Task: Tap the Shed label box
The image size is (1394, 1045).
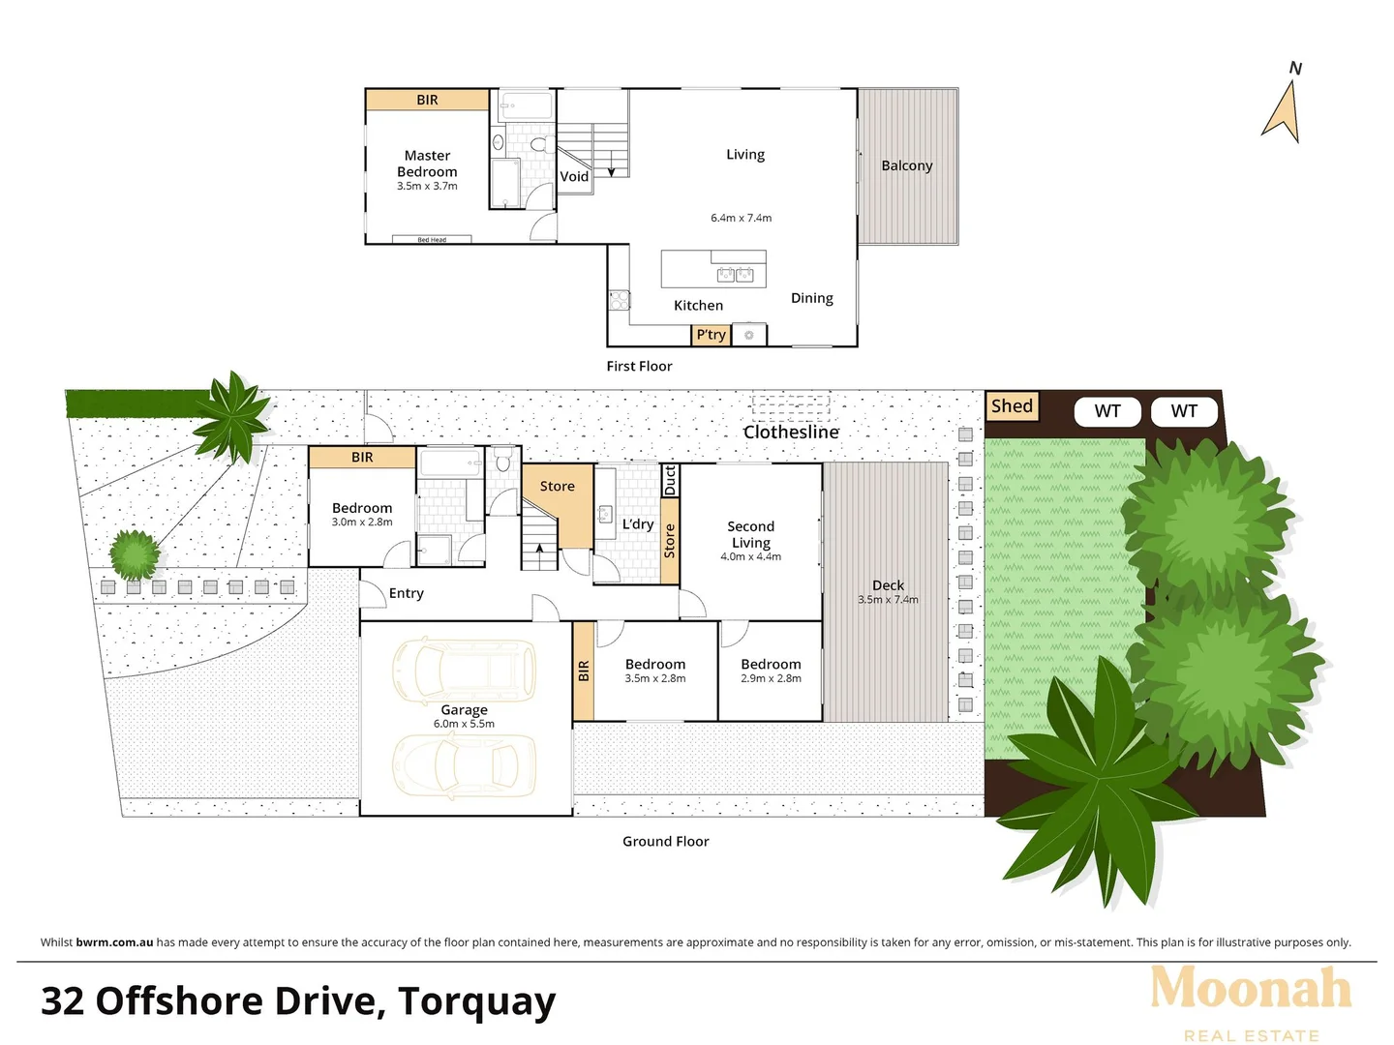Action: pyautogui.click(x=1012, y=406)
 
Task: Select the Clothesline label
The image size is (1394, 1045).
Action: pyautogui.click(x=791, y=433)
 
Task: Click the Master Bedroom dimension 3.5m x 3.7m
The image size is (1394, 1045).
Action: pyautogui.click(x=427, y=186)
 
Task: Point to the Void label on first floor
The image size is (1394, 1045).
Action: pyautogui.click(x=574, y=176)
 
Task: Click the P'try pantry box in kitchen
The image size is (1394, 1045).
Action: pyautogui.click(x=711, y=335)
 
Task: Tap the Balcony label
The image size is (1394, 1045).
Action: pyautogui.click(x=907, y=165)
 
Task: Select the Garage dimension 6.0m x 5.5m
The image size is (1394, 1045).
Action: pyautogui.click(x=464, y=724)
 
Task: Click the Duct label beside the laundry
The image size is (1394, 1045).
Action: pyautogui.click(x=670, y=480)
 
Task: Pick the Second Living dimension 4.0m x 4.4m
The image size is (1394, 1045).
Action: pyautogui.click(x=750, y=556)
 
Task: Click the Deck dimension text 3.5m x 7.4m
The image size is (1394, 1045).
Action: pyautogui.click(x=888, y=600)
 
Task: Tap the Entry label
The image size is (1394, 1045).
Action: pyautogui.click(x=407, y=593)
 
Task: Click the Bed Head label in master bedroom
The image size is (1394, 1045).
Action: pyautogui.click(x=432, y=240)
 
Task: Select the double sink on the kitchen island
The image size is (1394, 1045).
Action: pyautogui.click(x=736, y=275)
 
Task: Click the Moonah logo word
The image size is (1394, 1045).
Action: pyautogui.click(x=1251, y=989)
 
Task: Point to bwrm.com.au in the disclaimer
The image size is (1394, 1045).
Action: pyautogui.click(x=114, y=942)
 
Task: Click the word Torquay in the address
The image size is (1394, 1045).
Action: pyautogui.click(x=477, y=1002)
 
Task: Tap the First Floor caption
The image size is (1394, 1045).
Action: pyautogui.click(x=639, y=366)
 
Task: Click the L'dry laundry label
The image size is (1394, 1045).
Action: pyautogui.click(x=638, y=524)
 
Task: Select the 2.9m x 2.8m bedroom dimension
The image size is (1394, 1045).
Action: pyautogui.click(x=771, y=678)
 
